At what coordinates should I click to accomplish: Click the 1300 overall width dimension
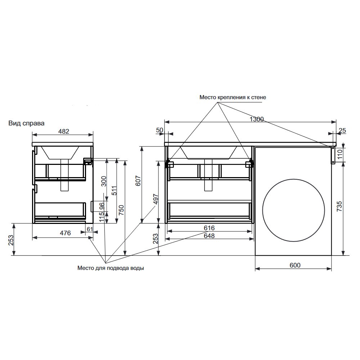point(257,120)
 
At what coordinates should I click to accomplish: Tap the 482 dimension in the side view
point(64,131)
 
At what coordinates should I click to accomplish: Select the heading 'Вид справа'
point(26,123)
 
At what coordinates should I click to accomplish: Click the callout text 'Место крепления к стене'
point(233,97)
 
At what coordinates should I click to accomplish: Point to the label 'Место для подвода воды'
point(111,268)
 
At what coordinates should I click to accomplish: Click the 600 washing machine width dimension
point(295,265)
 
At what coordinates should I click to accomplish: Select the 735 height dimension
point(339,206)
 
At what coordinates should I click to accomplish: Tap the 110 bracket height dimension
point(340,154)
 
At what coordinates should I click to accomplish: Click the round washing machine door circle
point(262,210)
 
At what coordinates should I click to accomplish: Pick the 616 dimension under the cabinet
point(209,228)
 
